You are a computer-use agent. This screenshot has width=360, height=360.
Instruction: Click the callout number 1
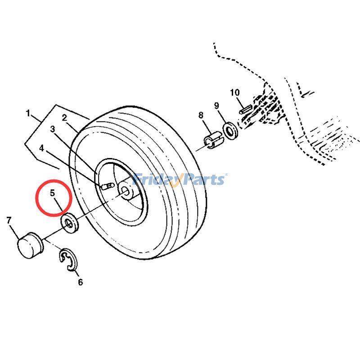(28, 113)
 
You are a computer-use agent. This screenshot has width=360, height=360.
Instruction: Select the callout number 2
(64, 118)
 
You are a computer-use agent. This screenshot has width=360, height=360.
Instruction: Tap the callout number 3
(53, 129)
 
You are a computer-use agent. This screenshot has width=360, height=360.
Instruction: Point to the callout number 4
(41, 148)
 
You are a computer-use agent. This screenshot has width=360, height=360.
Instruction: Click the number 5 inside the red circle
(53, 193)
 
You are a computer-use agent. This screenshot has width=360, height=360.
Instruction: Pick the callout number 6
(81, 282)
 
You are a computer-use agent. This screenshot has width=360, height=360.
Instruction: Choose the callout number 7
(9, 220)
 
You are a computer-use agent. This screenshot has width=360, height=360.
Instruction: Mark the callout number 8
(201, 115)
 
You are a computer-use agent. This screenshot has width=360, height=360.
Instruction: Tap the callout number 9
(216, 106)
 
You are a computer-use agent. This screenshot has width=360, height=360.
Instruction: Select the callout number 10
(234, 93)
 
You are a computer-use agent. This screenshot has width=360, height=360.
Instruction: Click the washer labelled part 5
(70, 223)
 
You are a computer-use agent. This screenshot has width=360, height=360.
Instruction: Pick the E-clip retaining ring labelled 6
(69, 260)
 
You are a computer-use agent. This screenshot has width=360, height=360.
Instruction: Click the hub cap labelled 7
(30, 245)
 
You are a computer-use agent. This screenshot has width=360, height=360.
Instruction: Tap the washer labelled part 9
(230, 130)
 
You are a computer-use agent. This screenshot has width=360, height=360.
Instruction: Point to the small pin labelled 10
(246, 109)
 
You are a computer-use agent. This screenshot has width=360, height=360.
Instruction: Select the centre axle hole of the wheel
(126, 190)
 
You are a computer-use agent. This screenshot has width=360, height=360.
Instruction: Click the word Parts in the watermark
(202, 179)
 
